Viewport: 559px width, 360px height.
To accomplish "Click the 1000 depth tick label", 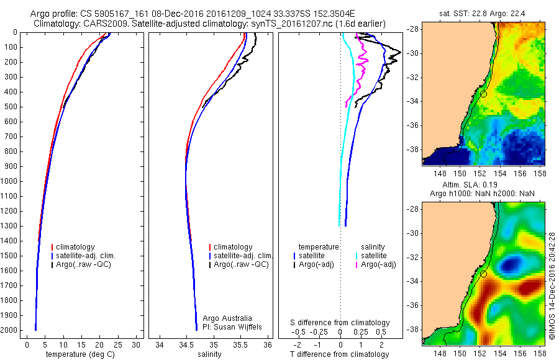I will coord(9,181).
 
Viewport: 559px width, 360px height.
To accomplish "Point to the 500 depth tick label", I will coord(11,107).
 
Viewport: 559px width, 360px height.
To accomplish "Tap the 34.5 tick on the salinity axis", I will coord(186,344).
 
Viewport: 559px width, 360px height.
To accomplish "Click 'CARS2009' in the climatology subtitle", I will coord(101,23).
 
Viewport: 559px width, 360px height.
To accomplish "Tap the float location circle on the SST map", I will coord(483,94).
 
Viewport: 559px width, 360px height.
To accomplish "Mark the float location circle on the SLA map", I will coord(483,274).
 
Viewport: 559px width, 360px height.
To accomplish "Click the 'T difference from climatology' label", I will coord(340,354).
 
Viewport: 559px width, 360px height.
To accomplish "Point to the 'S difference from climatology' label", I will coord(340,323).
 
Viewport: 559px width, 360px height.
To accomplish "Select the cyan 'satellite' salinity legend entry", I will coord(373,256).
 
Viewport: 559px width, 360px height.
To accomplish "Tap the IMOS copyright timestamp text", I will coord(552,286).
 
